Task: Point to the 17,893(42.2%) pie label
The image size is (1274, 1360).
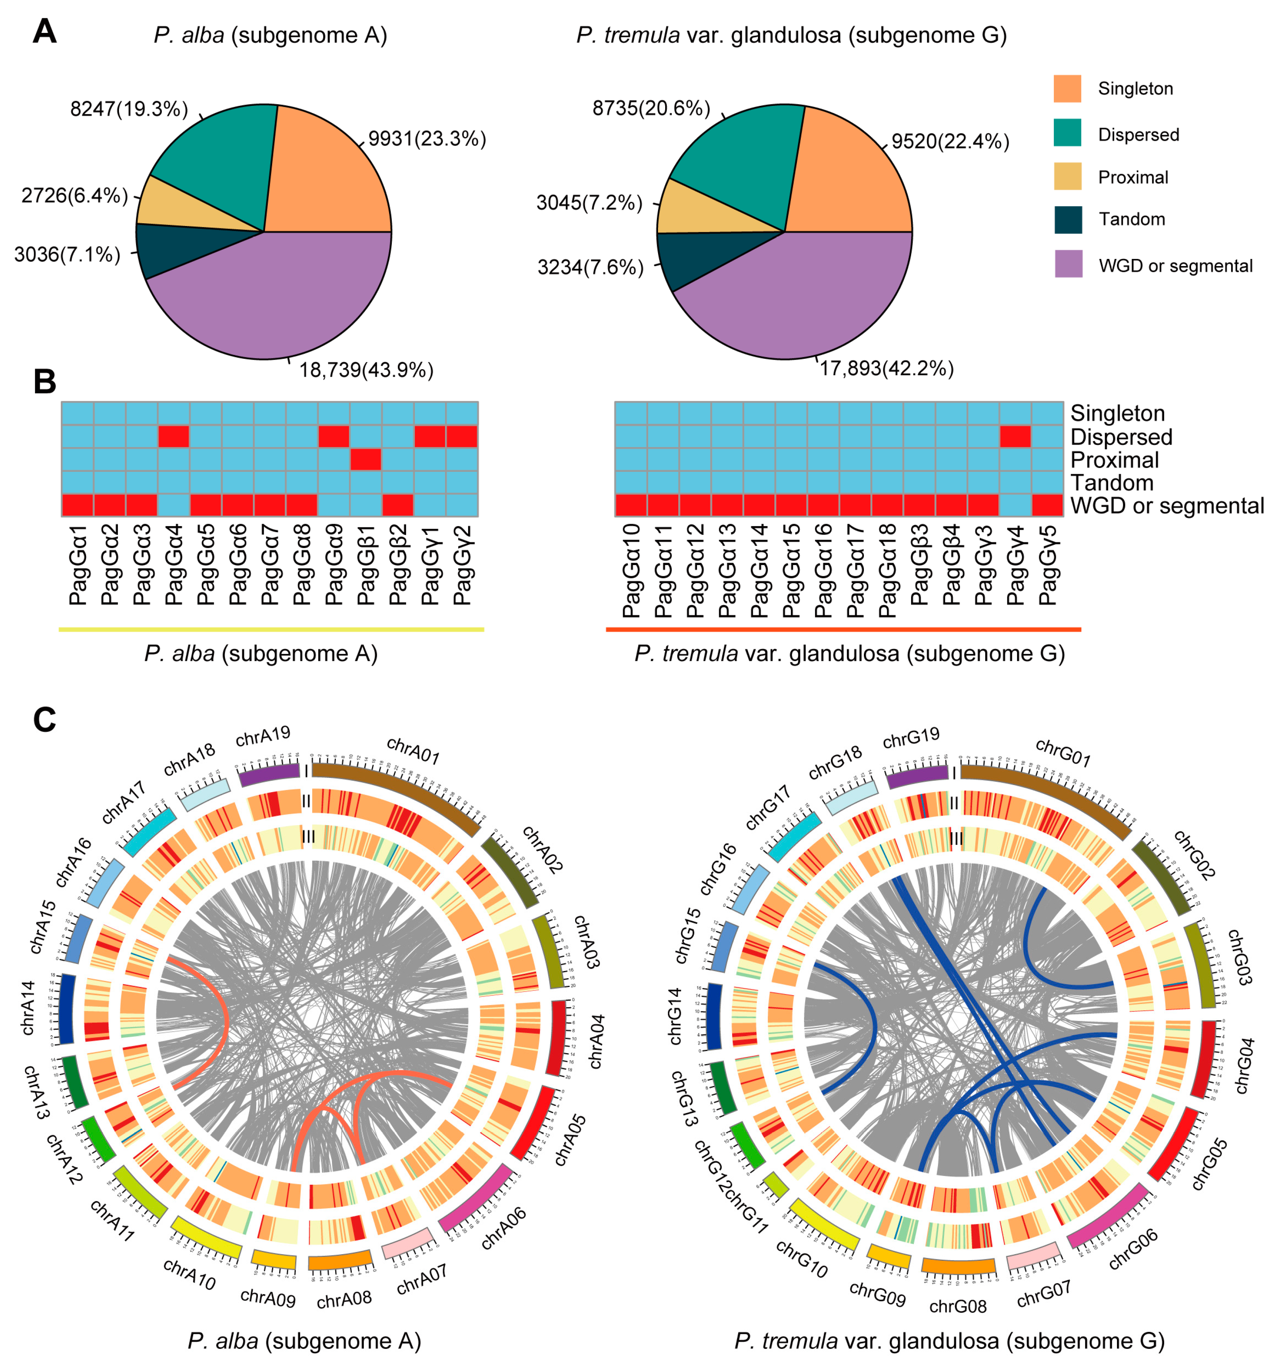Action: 887,369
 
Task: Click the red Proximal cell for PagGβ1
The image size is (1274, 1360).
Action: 365,460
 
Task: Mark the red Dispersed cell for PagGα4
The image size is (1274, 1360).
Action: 174,437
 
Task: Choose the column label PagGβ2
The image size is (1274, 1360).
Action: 397,564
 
